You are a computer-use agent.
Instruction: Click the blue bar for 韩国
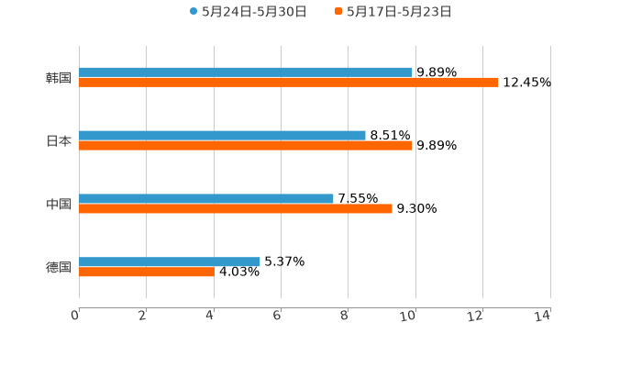point(246,72)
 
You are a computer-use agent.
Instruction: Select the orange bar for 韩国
point(289,82)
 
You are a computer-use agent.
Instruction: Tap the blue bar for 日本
point(222,135)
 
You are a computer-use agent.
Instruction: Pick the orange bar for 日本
point(246,145)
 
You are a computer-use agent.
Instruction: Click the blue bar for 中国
point(206,198)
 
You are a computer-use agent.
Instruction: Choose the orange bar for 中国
point(236,208)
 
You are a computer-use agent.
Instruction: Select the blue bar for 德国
point(170,261)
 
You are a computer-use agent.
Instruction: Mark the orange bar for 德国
point(147,272)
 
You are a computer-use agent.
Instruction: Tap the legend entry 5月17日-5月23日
point(399,12)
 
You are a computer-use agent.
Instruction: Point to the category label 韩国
point(59,77)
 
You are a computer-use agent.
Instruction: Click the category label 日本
point(59,140)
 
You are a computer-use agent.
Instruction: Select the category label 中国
point(59,204)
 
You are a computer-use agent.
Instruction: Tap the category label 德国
point(59,267)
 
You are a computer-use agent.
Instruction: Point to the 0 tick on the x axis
point(75,316)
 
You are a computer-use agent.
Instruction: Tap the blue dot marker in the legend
point(194,12)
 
